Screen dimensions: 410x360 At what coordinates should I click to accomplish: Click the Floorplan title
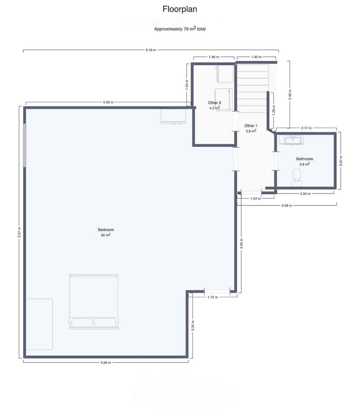pos(179,9)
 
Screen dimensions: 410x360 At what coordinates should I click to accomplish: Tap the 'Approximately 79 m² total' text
pos(179,29)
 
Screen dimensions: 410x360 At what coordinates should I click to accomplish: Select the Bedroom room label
pos(106,230)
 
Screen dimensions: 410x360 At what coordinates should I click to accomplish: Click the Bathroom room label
pos(304,159)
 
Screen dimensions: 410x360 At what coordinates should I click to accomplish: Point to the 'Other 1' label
pos(251,126)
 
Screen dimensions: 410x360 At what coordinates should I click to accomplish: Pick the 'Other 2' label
pos(214,102)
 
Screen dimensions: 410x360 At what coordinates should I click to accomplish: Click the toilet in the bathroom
pos(297,177)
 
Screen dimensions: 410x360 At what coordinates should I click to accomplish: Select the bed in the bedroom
pos(94,301)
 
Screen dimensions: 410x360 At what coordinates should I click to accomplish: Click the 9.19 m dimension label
pos(150,50)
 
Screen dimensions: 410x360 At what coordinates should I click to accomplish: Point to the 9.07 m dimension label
pos(19,233)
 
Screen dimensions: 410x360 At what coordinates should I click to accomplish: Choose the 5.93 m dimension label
pos(108,102)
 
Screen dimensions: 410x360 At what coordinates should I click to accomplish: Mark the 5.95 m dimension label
pos(106,363)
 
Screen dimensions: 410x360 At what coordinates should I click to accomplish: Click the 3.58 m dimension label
pos(286,205)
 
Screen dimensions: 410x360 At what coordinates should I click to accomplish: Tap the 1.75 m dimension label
pos(212,297)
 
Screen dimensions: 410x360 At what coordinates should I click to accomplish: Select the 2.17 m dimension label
pos(306,128)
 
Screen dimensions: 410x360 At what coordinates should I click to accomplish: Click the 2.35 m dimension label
pos(193,326)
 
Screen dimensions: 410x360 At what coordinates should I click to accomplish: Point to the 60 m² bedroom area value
pos(106,235)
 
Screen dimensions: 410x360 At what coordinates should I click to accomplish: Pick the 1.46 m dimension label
pos(214,57)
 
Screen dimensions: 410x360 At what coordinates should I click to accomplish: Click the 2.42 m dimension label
pos(290,94)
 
